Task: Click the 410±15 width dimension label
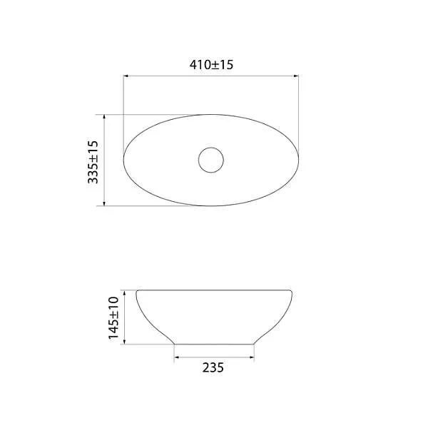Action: tap(211, 65)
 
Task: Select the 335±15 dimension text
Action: tap(93, 162)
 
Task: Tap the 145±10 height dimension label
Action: tap(113, 318)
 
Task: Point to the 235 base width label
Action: tap(213, 367)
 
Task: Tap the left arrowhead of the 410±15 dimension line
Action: tap(126, 76)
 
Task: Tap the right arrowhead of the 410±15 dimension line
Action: tap(296, 76)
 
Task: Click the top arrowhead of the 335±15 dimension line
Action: tap(104, 117)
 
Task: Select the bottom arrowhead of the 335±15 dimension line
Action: tap(104, 203)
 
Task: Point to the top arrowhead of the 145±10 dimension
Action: tap(124, 293)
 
